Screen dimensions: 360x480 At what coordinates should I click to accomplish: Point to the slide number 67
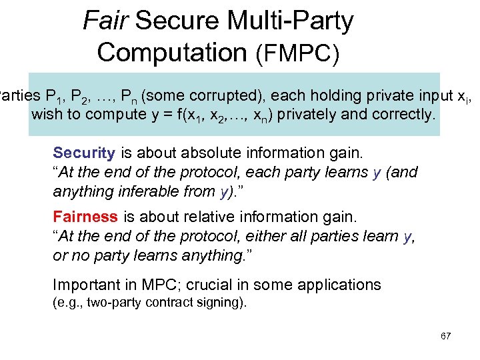pyautogui.click(x=446, y=336)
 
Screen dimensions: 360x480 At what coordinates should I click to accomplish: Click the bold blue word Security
pyautogui.click(x=84, y=153)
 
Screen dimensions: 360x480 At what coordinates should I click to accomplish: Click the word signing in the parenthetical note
pyautogui.click(x=223, y=303)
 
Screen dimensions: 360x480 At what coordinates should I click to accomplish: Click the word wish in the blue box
pyautogui.click(x=45, y=114)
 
